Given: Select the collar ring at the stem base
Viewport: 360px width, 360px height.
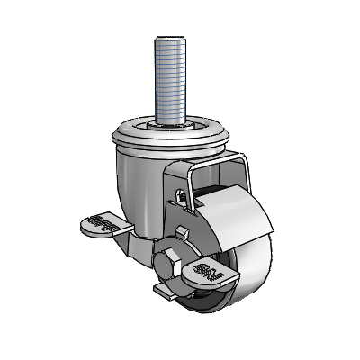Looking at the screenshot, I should coord(170,124).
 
